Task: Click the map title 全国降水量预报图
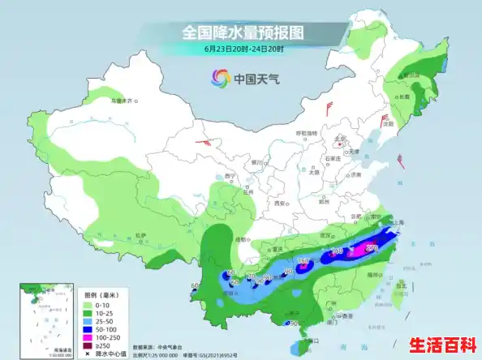[x=243, y=33]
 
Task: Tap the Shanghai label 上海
[x=398, y=221]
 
